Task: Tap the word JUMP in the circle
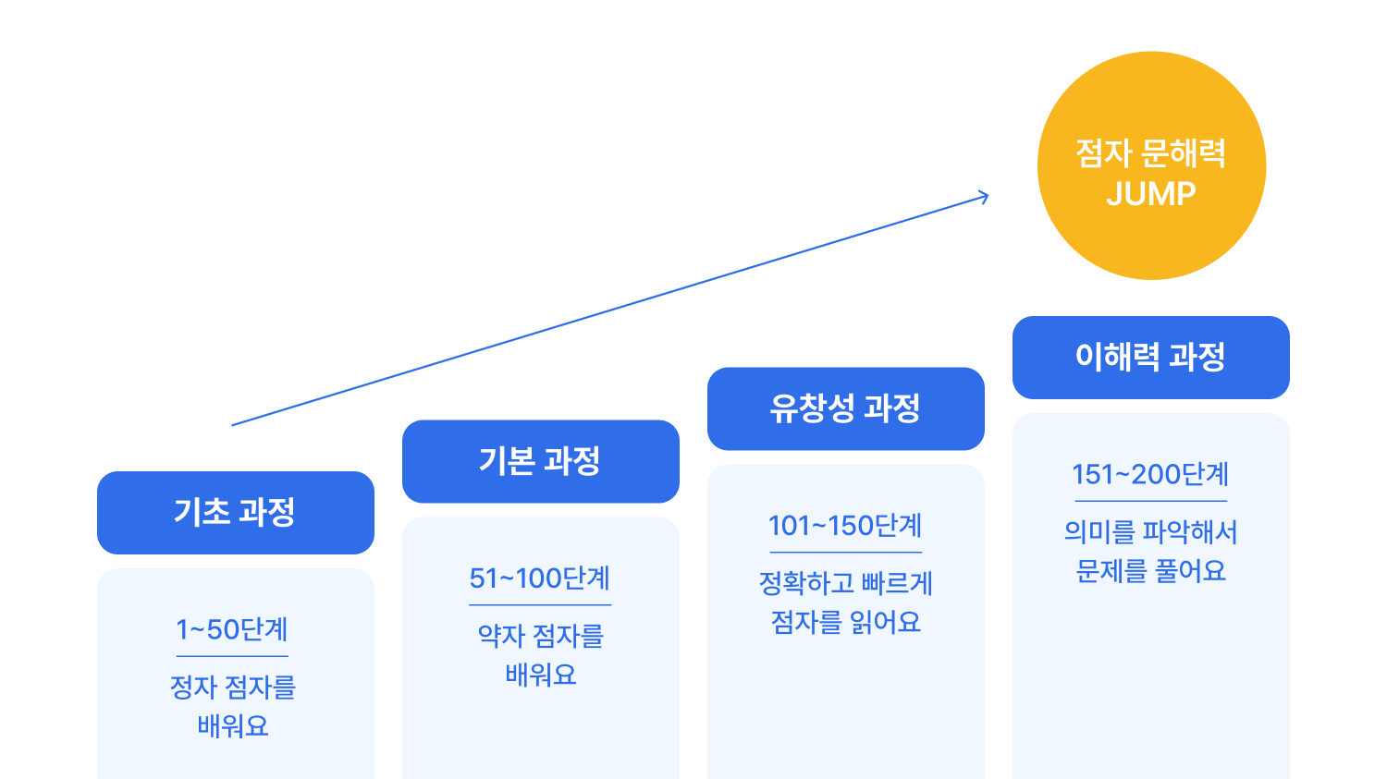1151,194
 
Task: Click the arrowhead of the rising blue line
985,196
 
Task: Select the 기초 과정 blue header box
236,513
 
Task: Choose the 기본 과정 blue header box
541,461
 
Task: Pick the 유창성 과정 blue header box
846,408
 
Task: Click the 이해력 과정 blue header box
1151,358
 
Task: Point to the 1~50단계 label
232,629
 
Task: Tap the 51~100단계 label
540,578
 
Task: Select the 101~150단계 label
845,526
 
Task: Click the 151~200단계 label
1150,474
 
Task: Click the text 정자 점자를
233,688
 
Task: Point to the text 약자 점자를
541,636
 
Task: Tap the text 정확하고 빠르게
846,583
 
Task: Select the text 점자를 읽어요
846,623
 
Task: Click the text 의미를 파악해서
1151,532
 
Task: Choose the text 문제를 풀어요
1151,571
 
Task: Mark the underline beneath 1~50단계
232,656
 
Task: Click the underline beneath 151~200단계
1150,501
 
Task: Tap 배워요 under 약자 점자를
541,675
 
